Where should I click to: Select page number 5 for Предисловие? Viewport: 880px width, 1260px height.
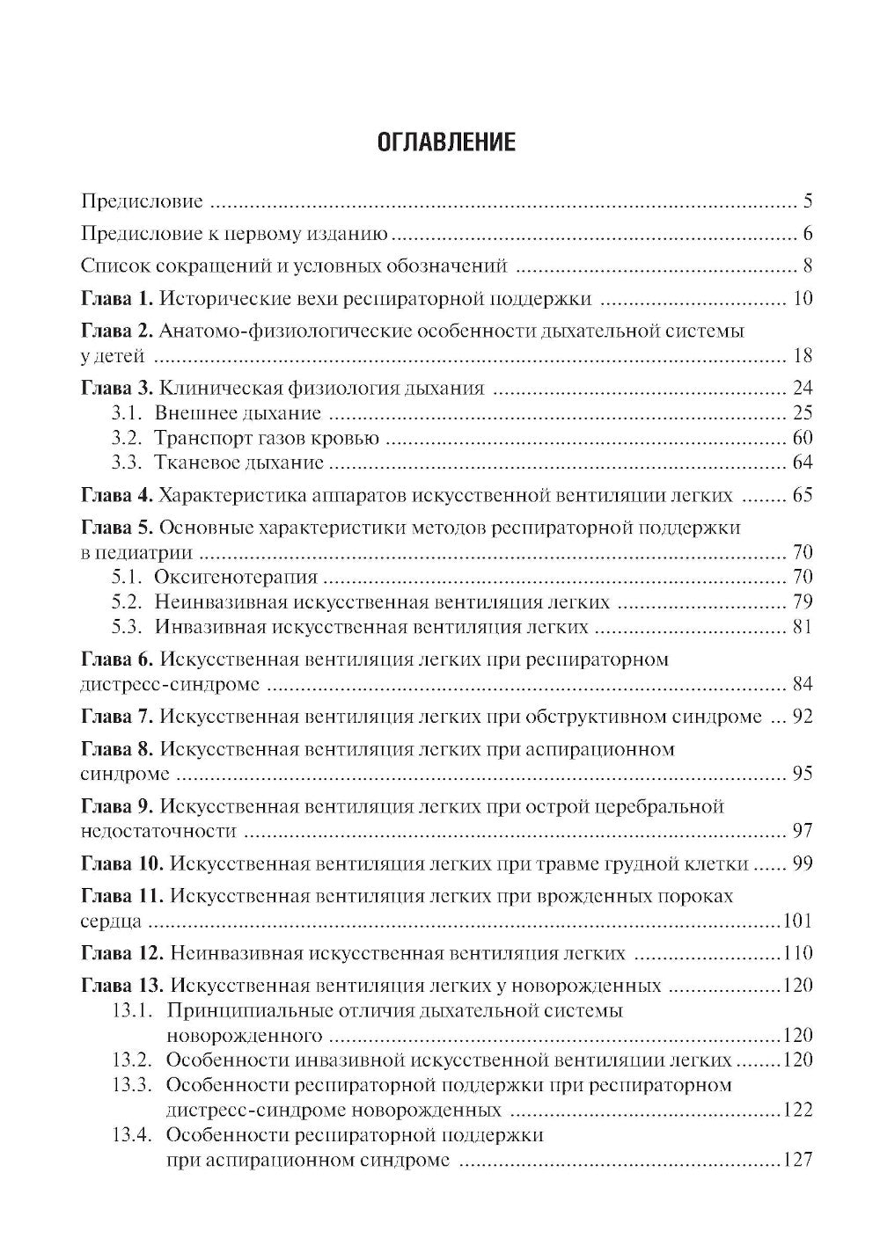[x=807, y=201]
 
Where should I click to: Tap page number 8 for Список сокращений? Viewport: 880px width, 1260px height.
[x=807, y=266]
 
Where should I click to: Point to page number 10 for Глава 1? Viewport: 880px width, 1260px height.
[x=802, y=299]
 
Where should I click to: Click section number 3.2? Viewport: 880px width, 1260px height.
[x=127, y=438]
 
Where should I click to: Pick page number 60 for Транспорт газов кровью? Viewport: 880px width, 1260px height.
[x=802, y=438]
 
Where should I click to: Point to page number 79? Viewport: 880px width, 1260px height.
[x=802, y=602]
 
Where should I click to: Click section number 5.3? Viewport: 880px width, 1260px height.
[x=127, y=627]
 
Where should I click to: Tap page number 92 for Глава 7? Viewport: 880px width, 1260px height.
[x=802, y=717]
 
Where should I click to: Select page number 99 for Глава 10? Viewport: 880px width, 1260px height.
[x=802, y=864]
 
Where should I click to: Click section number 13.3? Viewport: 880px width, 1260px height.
[x=134, y=1085]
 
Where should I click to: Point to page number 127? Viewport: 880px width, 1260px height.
[x=797, y=1160]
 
